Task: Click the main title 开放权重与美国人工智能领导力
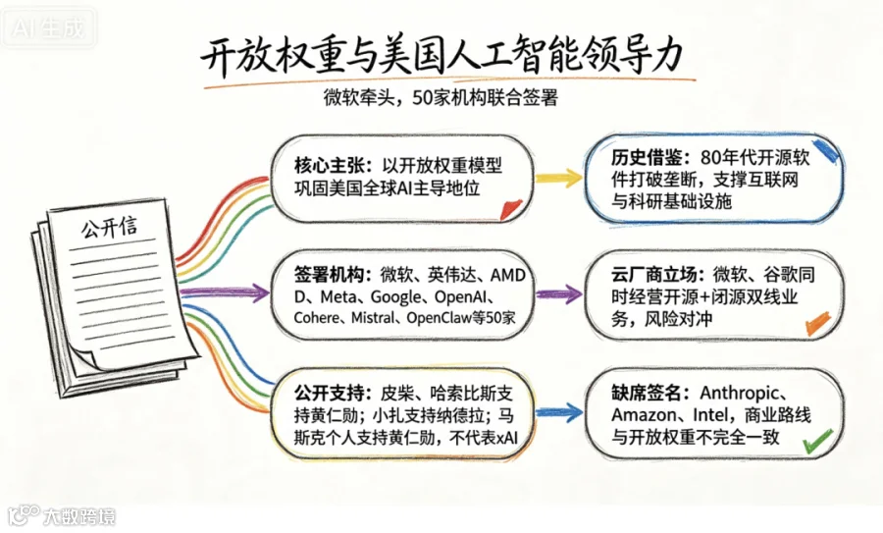pyautogui.click(x=442, y=56)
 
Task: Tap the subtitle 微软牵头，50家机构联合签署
pyautogui.click(x=441, y=98)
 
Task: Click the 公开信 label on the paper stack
pyautogui.click(x=109, y=227)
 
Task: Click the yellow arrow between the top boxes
pyautogui.click(x=558, y=178)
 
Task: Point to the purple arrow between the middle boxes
pyautogui.click(x=558, y=294)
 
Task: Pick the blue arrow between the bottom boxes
pyautogui.click(x=558, y=412)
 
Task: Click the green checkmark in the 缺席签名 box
pyautogui.click(x=818, y=441)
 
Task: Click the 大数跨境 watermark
pyautogui.click(x=62, y=515)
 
